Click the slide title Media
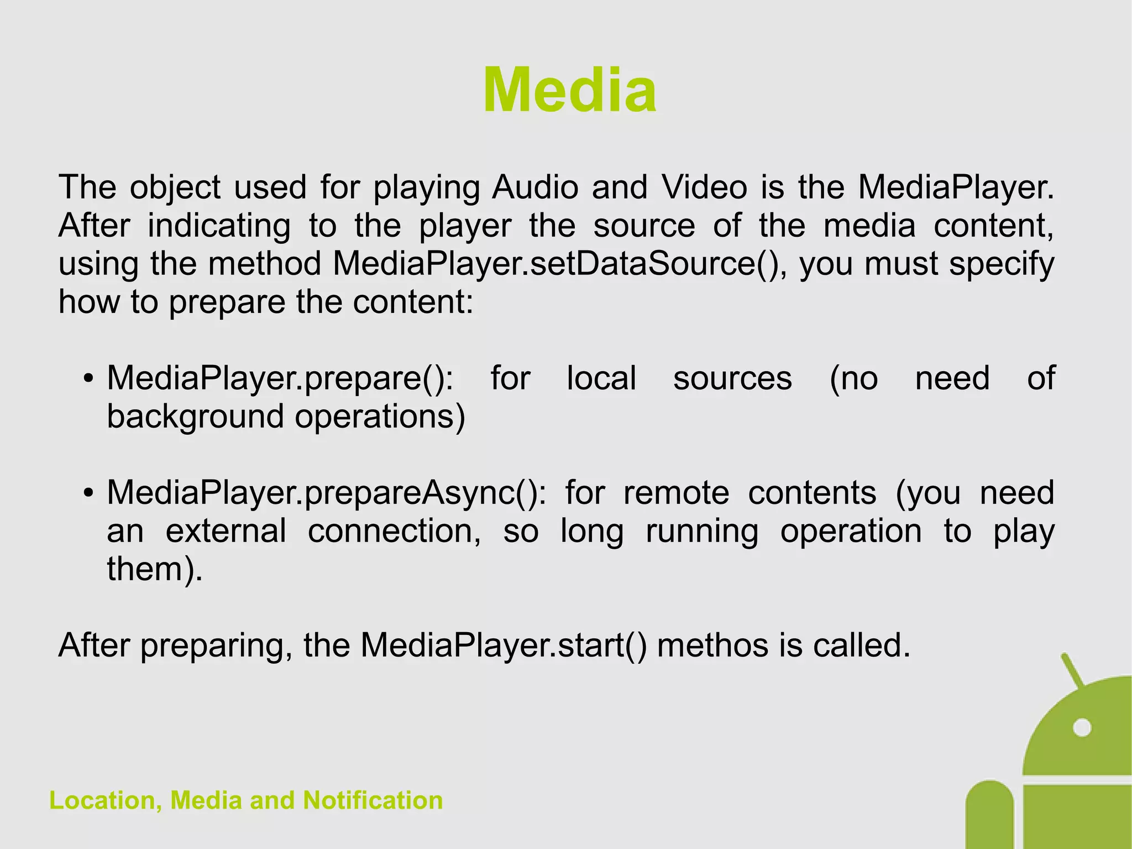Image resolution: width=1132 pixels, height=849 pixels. pos(569,90)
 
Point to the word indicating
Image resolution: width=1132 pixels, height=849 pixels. pos(219,226)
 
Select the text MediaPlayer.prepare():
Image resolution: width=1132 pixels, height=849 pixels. pos(280,379)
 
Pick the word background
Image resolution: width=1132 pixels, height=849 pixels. pos(195,417)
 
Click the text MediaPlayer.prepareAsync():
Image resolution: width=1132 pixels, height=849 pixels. pos(326,493)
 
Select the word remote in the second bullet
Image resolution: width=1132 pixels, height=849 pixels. pos(676,493)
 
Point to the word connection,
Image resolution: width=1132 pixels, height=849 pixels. pos(394,531)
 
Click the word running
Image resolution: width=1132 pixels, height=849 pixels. pos(702,532)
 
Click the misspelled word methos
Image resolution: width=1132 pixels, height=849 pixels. pos(712,645)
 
